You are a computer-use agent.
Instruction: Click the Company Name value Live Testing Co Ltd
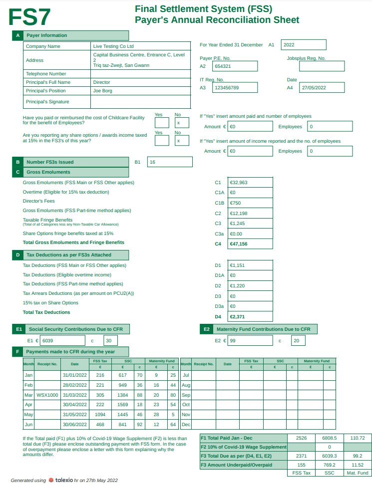(113, 46)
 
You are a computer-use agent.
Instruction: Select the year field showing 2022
(303, 45)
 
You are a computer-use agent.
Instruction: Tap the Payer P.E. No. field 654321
(235, 66)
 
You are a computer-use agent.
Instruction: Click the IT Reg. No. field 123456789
(235, 87)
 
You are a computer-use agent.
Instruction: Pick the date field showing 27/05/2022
(322, 87)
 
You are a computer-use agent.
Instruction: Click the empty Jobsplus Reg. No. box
(322, 66)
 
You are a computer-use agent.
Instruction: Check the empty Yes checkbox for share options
(161, 140)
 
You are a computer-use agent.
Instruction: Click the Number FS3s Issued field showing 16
(170, 162)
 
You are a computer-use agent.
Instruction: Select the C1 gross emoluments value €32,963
(250, 182)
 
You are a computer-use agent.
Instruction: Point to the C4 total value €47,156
(250, 244)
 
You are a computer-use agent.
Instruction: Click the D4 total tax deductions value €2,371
(250, 316)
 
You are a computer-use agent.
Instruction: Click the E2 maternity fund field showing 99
(250, 341)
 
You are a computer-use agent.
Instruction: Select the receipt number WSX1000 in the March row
(47, 394)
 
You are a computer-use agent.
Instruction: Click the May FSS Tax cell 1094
(100, 414)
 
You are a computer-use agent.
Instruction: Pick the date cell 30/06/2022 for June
(74, 425)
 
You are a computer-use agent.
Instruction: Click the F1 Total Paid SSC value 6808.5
(330, 438)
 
